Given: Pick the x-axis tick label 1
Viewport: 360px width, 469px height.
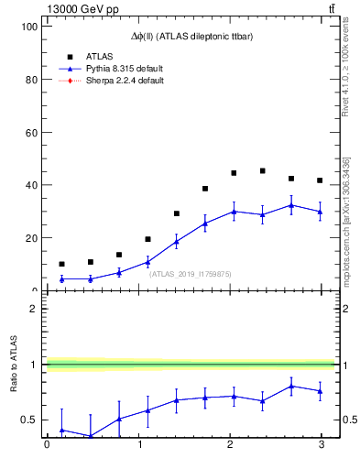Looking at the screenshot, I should (x=139, y=445).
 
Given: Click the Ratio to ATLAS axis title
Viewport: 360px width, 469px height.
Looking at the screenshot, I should (x=14, y=365).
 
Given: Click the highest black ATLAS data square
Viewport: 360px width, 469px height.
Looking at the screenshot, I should (x=263, y=170).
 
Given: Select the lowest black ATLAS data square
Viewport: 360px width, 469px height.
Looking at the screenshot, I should (x=61, y=264).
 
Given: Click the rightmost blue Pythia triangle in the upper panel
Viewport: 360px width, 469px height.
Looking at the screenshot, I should (x=320, y=212).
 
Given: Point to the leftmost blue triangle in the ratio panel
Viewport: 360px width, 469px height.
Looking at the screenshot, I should (x=61, y=430).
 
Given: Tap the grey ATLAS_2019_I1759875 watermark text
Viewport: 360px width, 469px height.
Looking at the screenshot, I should (x=191, y=274).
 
